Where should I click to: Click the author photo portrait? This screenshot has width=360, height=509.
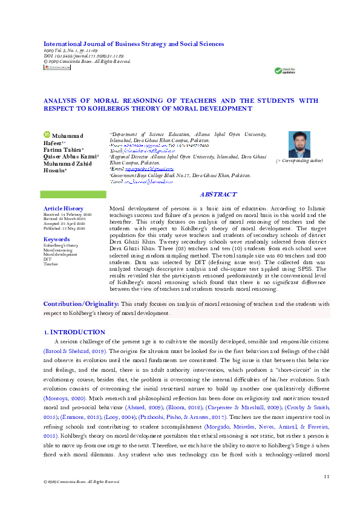click(x=299, y=143)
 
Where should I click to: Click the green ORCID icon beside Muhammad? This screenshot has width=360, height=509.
click(x=45, y=135)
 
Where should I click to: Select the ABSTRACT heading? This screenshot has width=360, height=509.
click(x=218, y=194)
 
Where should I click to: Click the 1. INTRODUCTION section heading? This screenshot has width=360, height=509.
click(x=75, y=332)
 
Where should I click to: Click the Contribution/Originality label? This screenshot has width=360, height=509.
click(x=81, y=303)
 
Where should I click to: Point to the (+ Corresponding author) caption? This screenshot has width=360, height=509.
click(x=299, y=161)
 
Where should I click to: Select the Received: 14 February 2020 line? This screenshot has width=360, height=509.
click(x=67, y=215)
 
